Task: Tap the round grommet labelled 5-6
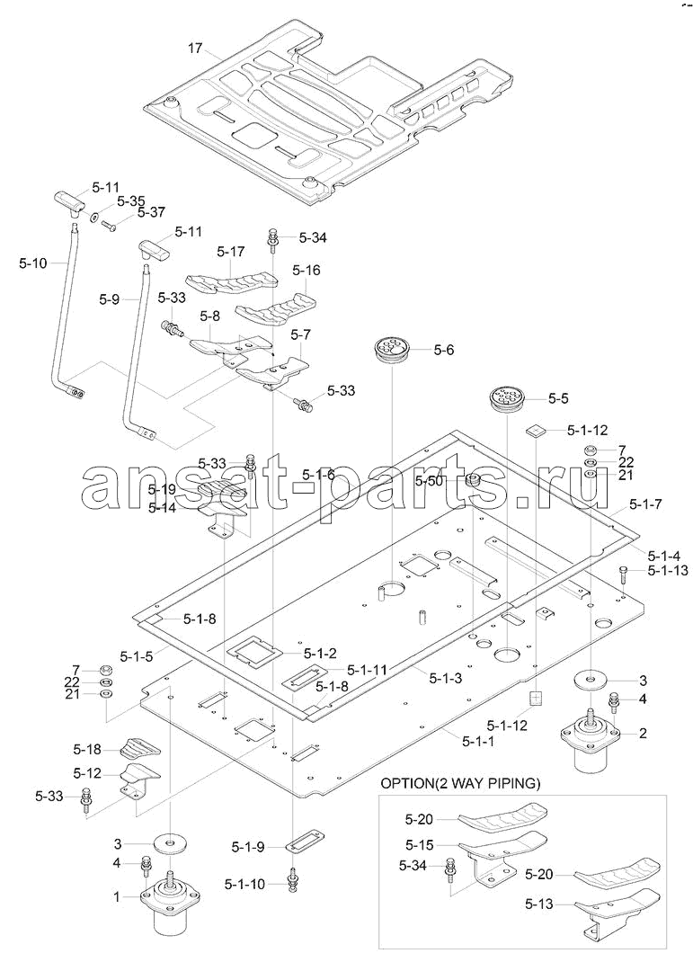coord(392,349)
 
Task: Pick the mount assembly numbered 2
coord(590,740)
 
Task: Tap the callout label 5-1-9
coord(247,846)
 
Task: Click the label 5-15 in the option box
coord(420,844)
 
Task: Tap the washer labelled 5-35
coord(93,216)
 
